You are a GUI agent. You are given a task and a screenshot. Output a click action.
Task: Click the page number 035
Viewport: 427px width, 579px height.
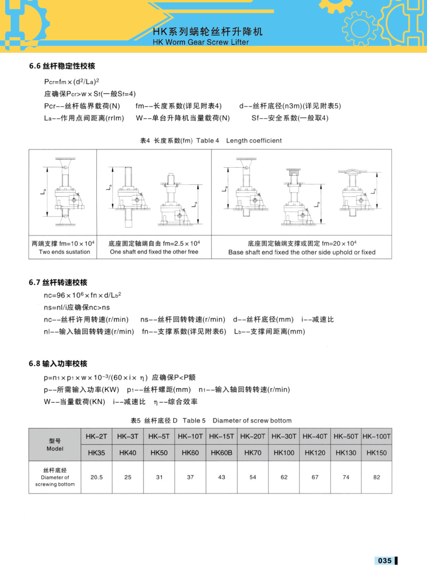coord(385,560)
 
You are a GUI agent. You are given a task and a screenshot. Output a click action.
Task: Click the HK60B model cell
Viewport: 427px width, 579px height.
coord(222,453)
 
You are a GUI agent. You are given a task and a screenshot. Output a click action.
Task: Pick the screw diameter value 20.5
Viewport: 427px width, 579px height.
coord(97,477)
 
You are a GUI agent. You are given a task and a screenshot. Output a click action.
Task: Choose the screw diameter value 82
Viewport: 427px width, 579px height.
coord(376,477)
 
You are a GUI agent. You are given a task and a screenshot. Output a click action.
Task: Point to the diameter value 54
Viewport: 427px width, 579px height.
coord(253,477)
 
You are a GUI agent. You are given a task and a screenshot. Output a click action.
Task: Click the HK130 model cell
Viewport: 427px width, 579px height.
coord(346,453)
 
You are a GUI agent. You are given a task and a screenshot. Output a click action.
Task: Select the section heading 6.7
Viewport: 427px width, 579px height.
coord(58,282)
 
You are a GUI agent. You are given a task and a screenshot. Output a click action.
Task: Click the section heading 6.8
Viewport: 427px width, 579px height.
coord(58,363)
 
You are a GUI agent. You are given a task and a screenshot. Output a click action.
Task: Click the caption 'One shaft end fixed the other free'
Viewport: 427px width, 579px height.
coord(154,252)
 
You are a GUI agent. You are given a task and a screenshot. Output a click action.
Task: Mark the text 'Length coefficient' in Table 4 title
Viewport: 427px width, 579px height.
coord(254,140)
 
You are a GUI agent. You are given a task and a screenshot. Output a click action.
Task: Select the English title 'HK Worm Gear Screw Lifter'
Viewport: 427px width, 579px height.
coord(201,42)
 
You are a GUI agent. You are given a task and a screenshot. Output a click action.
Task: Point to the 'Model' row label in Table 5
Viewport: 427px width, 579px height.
coord(55,448)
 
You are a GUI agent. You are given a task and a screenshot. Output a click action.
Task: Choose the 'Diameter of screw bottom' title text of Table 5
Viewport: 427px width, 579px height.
coord(252,420)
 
